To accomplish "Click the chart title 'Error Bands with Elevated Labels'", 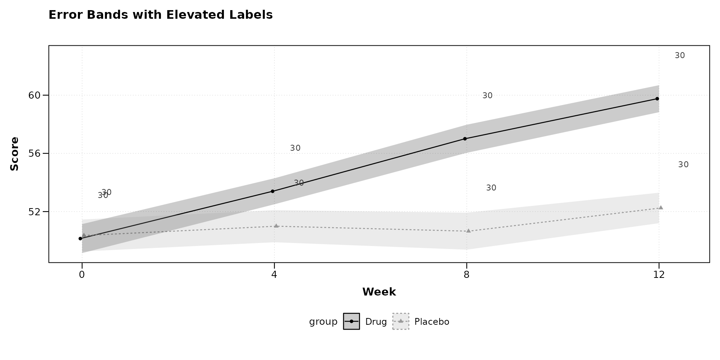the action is tap(160, 15).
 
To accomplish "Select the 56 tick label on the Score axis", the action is tap(34, 154).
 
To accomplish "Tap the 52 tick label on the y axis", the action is tap(34, 212).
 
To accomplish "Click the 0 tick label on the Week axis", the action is tap(82, 275).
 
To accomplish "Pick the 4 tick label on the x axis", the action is tap(274, 275).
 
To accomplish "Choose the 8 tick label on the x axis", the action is tap(466, 275).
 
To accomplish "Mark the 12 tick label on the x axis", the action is tap(659, 275).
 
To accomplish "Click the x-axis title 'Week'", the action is tap(379, 292).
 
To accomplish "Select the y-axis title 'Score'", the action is tap(14, 154).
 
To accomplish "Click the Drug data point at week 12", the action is tap(657, 99).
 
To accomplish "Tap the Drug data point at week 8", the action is tap(465, 139).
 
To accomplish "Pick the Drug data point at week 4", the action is tap(272, 191).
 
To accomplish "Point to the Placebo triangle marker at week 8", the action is tap(468, 231).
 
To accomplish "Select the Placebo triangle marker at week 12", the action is tap(661, 207).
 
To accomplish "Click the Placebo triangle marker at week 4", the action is tap(276, 226).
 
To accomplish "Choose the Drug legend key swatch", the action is tap(351, 321).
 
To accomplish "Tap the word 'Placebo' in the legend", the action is tap(432, 322).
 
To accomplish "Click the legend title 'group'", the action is tap(323, 322).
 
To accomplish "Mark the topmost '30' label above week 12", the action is tap(679, 55).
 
